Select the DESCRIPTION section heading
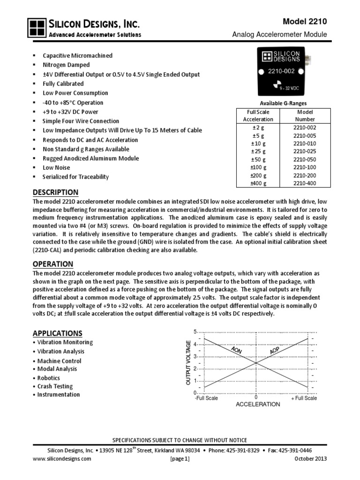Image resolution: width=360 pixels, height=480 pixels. coord(55,192)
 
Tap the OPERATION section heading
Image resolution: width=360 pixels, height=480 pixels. coord(52,264)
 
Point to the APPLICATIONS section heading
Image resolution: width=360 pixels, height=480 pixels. coord(57,333)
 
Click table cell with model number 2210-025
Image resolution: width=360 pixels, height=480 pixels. coord(305,151)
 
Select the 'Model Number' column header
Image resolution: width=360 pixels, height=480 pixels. coord(305,116)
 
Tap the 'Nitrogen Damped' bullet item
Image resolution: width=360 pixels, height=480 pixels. coord(66,65)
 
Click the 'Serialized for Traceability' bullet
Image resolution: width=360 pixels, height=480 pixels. coord(75,177)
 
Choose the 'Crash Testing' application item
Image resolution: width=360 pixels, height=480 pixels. coord(55,386)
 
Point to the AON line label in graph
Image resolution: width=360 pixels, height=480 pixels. coord(240,352)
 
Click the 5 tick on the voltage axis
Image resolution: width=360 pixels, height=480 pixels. coord(195,332)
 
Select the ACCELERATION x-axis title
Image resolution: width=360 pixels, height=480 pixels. coord(257,404)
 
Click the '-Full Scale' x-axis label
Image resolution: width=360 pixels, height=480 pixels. coord(207,398)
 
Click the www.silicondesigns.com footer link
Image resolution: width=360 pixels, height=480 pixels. coord(62,459)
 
